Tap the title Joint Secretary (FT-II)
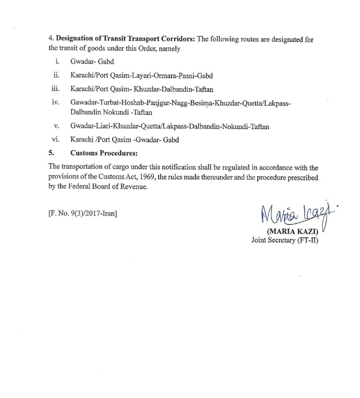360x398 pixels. coord(284,240)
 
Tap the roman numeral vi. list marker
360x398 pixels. coord(55,139)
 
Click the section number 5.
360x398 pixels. coord(51,152)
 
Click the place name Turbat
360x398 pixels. coord(108,102)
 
